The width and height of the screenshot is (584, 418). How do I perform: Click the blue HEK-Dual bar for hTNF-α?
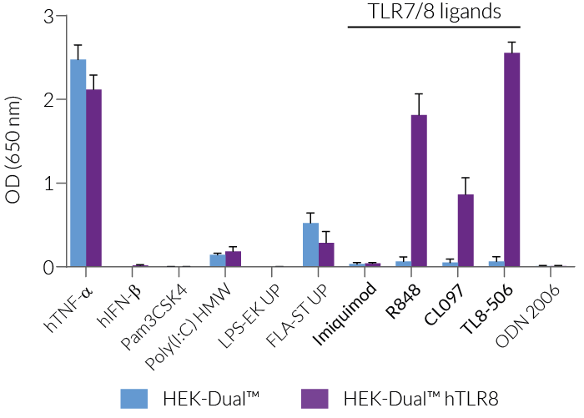tap(78, 164)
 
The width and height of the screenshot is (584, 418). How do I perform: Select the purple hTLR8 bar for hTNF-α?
tap(94, 179)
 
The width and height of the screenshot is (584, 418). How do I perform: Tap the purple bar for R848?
tap(419, 191)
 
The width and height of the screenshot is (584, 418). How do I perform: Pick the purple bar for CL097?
tap(466, 231)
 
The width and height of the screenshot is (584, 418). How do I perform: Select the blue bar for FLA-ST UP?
tap(310, 245)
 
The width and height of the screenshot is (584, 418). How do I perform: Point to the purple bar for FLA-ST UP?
tap(326, 255)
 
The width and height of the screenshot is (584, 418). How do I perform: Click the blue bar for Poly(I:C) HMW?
tap(217, 261)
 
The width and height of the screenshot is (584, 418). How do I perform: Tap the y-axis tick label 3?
tap(49, 17)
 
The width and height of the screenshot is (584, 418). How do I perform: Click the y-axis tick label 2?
tap(49, 100)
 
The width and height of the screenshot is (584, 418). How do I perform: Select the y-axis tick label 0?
tap(49, 267)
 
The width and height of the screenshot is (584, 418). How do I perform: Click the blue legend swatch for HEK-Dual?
tap(138, 396)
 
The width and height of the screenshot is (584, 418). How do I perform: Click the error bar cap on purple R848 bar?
tap(419, 94)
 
